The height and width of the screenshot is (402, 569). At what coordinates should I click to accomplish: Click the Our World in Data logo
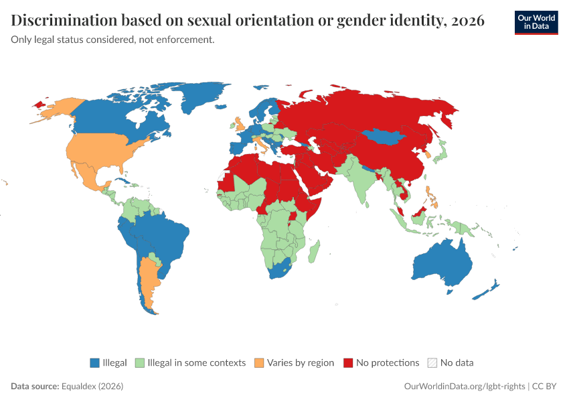click(x=536, y=23)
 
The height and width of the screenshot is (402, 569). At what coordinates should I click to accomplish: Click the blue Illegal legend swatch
click(x=94, y=362)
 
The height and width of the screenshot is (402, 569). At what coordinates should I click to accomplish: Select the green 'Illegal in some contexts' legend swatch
click(x=140, y=362)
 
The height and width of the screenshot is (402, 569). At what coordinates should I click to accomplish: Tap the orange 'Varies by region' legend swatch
click(x=259, y=362)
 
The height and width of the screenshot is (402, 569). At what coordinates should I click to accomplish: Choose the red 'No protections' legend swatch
click(x=348, y=362)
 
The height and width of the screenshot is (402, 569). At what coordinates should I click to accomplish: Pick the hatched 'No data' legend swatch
click(x=432, y=362)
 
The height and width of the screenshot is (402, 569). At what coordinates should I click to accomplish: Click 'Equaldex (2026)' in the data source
click(x=92, y=386)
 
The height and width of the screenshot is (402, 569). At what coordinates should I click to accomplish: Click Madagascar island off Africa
click(x=314, y=252)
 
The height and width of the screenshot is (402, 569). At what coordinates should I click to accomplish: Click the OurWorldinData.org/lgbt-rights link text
click(x=465, y=386)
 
